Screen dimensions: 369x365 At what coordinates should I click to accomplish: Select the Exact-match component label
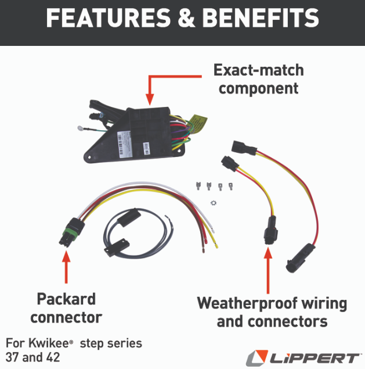click(x=258, y=80)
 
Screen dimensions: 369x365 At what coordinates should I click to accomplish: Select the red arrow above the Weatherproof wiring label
click(x=268, y=270)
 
